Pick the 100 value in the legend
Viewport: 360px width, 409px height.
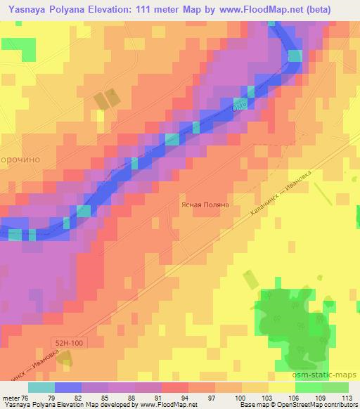pos(239,398)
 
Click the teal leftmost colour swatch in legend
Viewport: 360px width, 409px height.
pos(41,387)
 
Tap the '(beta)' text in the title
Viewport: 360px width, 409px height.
pos(337,8)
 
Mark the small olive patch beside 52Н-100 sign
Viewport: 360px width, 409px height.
pos(65,359)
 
